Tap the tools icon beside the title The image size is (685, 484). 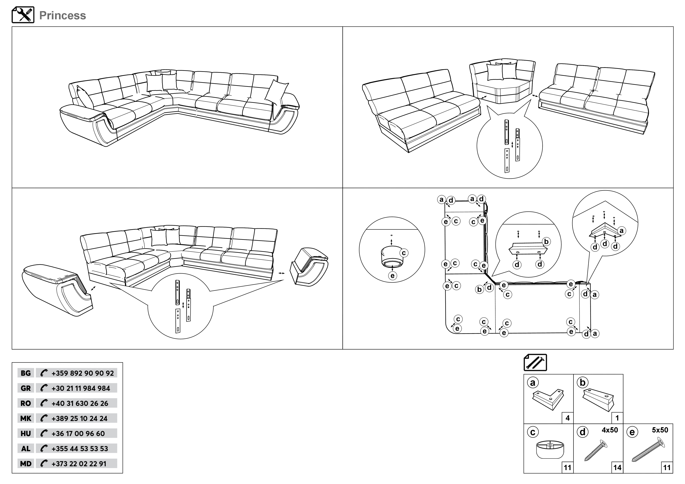point(23,15)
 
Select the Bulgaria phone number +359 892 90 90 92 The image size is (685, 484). point(82,373)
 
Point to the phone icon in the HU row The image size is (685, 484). point(43,433)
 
